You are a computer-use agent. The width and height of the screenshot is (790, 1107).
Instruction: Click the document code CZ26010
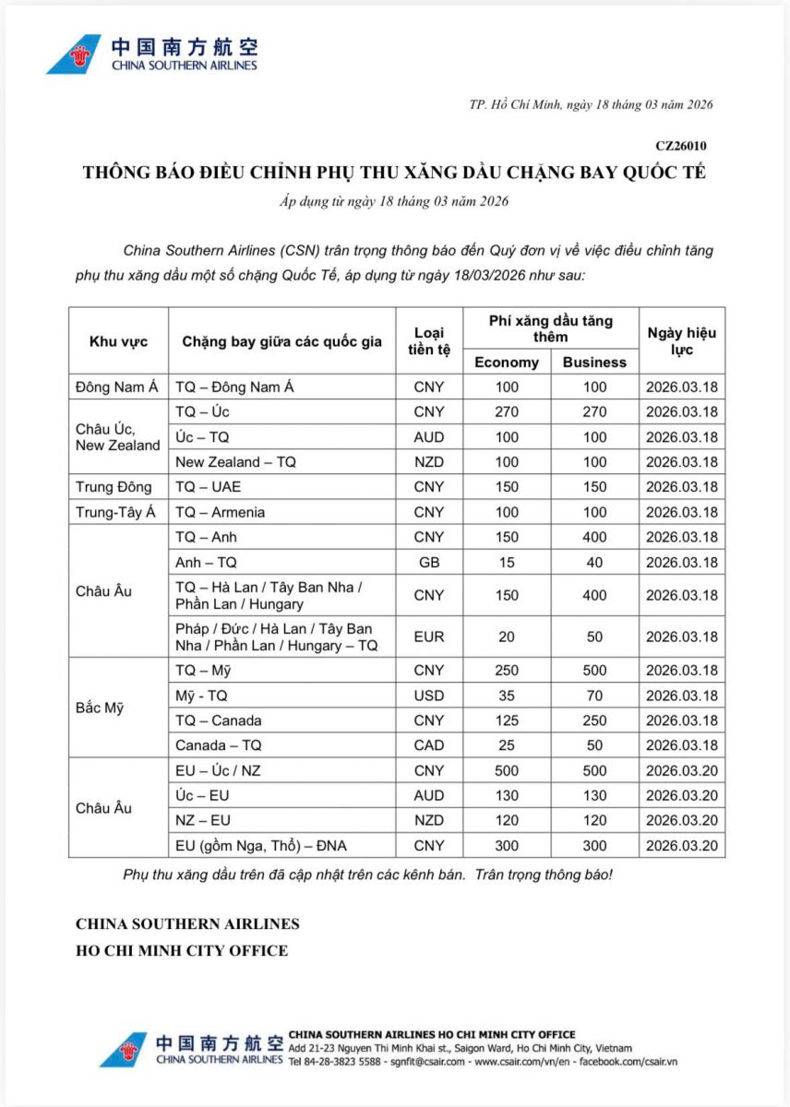tap(681, 146)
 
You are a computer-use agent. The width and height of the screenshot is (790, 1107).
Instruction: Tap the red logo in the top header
tap(75, 54)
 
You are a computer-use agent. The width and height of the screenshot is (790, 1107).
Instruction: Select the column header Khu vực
tap(117, 341)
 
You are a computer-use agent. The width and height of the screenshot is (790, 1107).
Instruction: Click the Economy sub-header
tap(506, 362)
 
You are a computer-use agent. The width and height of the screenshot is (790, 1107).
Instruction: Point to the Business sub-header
tap(594, 362)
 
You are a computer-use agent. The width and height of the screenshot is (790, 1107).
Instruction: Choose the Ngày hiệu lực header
tap(681, 341)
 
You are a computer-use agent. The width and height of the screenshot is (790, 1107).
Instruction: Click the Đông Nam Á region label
tap(117, 387)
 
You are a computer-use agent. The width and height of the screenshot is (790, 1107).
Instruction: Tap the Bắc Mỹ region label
tap(99, 708)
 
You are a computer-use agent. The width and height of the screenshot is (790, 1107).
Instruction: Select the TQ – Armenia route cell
tap(220, 512)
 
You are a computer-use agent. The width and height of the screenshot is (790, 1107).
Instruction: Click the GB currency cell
tap(429, 562)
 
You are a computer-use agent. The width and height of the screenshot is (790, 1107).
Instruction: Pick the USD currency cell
tap(429, 696)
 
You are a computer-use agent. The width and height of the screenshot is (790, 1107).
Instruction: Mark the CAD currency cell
tap(429, 745)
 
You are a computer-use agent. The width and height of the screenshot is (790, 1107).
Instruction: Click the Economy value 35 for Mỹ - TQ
tap(507, 696)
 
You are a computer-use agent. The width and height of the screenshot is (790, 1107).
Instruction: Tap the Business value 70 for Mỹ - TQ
tap(594, 696)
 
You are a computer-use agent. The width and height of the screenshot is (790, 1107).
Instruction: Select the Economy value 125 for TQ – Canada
tap(507, 720)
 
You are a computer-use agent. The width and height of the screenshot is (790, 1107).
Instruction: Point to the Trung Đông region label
tap(114, 487)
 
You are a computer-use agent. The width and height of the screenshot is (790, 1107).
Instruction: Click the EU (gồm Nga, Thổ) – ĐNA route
tap(261, 845)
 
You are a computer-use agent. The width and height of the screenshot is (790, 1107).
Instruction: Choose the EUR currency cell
tap(429, 637)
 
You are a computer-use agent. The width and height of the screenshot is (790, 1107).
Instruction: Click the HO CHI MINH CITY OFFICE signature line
tap(182, 950)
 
